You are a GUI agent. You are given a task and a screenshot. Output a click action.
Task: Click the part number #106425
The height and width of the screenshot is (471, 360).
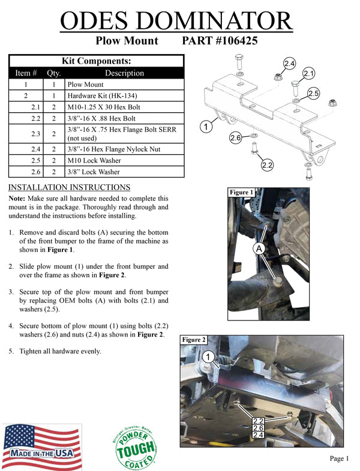(220, 41)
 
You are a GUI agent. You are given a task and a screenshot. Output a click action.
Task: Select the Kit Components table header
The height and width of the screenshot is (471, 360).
(97, 61)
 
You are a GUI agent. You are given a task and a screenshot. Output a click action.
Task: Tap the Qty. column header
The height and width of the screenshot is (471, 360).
(53, 73)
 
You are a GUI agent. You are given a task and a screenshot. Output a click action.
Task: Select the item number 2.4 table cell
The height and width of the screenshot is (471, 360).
(26, 149)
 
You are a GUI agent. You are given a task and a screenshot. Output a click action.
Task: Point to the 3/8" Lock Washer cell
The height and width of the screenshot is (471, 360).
(94, 172)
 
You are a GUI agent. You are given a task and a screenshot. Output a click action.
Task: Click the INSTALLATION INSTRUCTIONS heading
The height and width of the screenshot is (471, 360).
(70, 188)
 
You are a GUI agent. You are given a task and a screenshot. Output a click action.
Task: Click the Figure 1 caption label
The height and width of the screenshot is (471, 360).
(242, 193)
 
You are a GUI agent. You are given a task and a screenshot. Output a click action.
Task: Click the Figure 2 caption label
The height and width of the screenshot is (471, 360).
(194, 340)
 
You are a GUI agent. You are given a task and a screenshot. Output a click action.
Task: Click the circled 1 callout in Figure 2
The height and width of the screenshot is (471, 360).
(208, 357)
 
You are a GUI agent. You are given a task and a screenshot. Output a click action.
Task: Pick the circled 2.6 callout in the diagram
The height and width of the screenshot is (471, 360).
(235, 138)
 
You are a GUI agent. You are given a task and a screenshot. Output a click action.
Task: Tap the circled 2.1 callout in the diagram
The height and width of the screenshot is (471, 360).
(309, 74)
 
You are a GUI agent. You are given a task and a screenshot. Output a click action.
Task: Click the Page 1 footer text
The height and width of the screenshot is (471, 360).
(339, 458)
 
